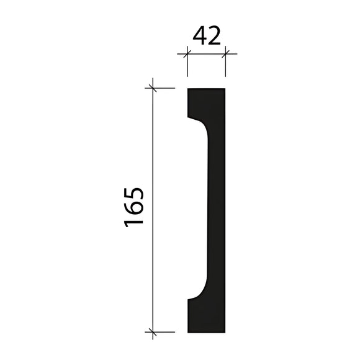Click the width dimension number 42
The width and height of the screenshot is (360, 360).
pos(207,36)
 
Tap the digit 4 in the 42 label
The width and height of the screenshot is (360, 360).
pos(199,36)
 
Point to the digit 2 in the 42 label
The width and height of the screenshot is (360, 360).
pos(214,36)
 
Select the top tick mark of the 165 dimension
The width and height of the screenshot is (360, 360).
pos(152,88)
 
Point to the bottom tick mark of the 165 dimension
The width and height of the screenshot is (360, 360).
pos(152,331)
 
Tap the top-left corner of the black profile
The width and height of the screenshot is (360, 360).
pos(187,89)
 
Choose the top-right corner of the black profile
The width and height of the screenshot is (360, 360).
pos(224,89)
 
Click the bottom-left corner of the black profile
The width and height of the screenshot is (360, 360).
pos(187,331)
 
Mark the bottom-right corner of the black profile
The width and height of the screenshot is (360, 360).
pos(224,331)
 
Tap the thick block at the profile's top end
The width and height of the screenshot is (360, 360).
pos(206,102)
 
